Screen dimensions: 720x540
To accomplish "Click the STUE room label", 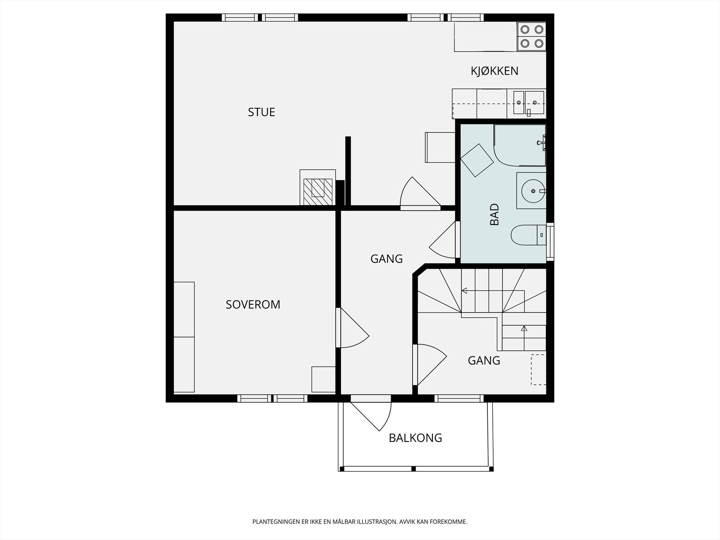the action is [x=261, y=112].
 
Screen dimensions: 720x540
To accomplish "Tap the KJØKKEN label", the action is [x=495, y=71].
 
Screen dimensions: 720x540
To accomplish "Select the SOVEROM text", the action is [x=253, y=305].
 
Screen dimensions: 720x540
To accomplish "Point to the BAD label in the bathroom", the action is [x=494, y=215].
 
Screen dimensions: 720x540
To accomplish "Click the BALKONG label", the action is [x=415, y=438].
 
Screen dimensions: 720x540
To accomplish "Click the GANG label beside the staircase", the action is [x=484, y=360].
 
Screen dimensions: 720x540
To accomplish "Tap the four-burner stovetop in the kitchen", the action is [x=532, y=36].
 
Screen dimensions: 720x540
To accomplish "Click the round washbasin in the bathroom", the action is [x=533, y=191].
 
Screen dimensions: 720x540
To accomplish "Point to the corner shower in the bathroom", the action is [x=520, y=145].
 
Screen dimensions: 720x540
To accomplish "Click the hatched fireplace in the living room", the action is [x=318, y=192].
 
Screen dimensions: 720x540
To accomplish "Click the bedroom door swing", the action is [x=354, y=328].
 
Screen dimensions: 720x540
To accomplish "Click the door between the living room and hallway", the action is [x=420, y=193].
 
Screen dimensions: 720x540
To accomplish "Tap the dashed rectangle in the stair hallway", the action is [x=539, y=369].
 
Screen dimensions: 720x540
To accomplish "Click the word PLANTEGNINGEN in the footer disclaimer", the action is [x=276, y=522].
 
